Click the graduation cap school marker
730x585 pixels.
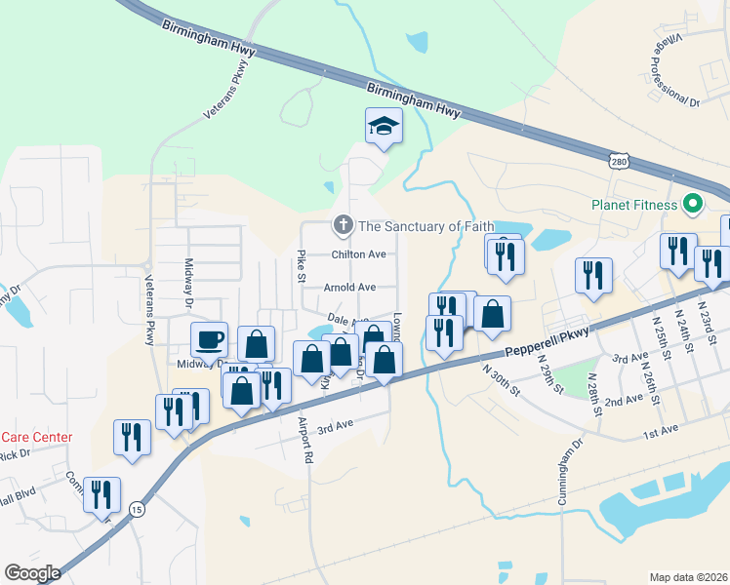point(384,126)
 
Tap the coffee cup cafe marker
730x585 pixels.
point(210,340)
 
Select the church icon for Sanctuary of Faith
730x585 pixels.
point(343,226)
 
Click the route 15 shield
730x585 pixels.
point(136,509)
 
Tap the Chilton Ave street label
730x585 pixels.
point(359,254)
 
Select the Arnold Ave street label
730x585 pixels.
point(349,288)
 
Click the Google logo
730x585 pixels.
point(32,572)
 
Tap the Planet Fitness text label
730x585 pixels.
point(633,205)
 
